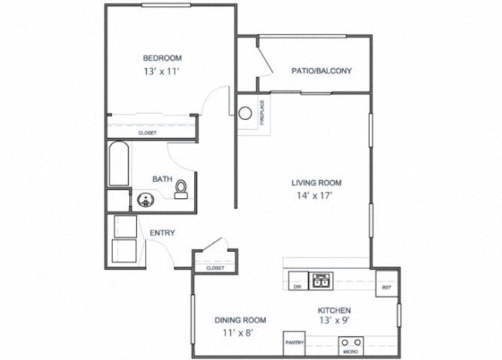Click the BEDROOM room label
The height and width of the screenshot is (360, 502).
pos(163,58)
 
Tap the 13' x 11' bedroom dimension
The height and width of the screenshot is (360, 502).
pos(161,71)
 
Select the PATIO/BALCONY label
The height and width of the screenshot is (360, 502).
pos(321,70)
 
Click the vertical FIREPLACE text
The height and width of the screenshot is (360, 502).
pos(262,112)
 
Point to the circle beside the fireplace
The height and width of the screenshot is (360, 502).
pos(245,113)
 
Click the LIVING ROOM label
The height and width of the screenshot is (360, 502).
pos(316,183)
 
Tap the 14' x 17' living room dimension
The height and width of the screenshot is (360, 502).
pos(315,196)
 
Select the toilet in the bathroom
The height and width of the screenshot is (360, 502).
pos(181,190)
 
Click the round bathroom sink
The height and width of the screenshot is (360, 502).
pos(145,200)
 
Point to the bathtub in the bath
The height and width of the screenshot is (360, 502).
pos(119,163)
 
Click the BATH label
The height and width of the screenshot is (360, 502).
pos(163,179)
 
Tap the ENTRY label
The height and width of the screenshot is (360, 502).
pos(163,232)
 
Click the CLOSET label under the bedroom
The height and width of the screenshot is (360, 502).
pos(148,133)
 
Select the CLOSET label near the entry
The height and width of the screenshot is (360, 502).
pos(215,268)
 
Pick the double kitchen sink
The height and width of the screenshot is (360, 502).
pos(321,281)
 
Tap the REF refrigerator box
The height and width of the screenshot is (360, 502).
pos(387,283)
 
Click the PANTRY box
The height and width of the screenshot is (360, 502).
pos(294,343)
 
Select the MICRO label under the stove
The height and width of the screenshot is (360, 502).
pos(351,352)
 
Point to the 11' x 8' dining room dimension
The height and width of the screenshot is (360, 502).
pos(238,333)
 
